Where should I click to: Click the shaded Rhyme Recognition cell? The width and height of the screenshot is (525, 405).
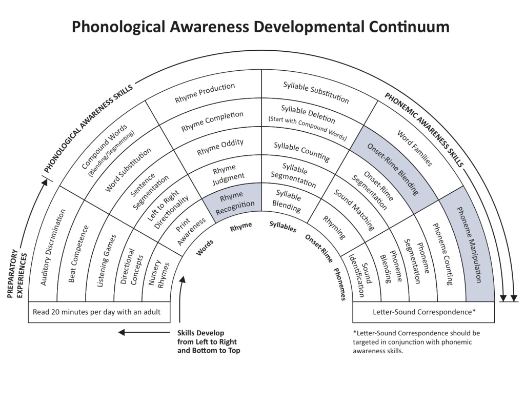(234, 201)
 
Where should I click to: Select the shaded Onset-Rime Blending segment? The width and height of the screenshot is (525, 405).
(393, 169)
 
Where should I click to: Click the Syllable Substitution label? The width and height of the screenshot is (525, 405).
(316, 92)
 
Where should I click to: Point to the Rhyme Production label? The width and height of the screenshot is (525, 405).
(205, 93)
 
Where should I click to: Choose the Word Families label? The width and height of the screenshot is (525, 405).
(415, 148)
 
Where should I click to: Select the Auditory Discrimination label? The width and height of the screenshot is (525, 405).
(53, 247)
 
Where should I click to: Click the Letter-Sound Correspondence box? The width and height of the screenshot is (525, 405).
(423, 312)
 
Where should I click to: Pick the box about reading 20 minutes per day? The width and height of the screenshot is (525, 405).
(99, 312)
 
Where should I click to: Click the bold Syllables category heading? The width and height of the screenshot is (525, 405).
(283, 227)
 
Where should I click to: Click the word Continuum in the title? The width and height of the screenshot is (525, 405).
(409, 27)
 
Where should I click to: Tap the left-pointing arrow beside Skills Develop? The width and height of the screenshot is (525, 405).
(144, 332)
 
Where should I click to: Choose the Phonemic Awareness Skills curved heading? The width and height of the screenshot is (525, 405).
(424, 130)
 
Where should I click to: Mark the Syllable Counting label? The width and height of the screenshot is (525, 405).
(301, 152)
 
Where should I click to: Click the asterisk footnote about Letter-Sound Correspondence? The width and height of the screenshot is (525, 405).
(416, 342)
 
